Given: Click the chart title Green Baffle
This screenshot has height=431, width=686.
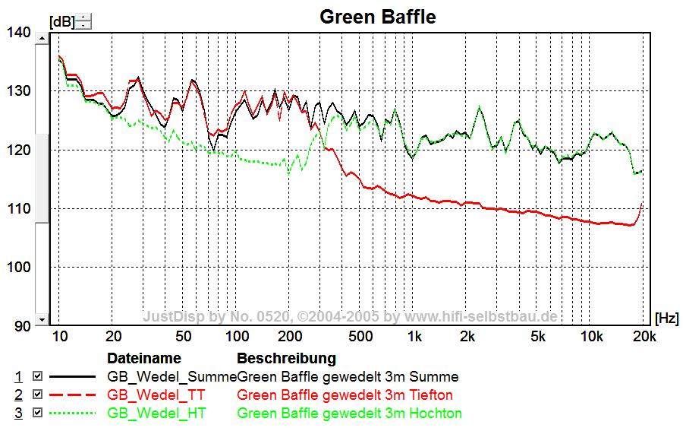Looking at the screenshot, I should coord(377,17).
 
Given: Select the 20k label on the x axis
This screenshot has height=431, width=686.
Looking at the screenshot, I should coord(644,337).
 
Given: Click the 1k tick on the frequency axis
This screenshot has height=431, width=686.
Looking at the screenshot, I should coord(414,337).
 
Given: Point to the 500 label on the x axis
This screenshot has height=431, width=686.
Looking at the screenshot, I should coord(360,337).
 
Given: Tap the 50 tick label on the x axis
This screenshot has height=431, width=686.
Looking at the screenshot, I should coord(183,337).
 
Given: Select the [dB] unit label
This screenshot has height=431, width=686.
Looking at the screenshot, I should coord(61,22).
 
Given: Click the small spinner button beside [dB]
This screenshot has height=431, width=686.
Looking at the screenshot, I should coord(84,21).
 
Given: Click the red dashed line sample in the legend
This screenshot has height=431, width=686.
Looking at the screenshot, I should coord(73,395).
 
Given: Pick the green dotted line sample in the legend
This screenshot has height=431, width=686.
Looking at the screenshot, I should coord(73,414).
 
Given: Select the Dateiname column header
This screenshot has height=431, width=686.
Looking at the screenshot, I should coord(143,358).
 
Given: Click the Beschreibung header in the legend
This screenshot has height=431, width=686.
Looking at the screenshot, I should coord(286,358).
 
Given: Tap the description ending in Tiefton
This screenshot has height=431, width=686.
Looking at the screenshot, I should coord(345,395).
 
